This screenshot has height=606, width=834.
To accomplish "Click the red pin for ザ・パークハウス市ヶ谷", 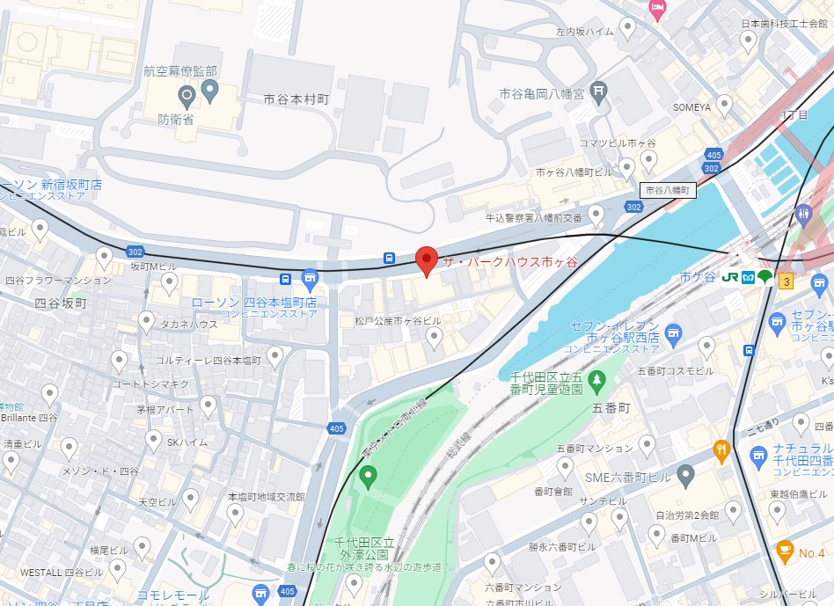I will (x=427, y=260).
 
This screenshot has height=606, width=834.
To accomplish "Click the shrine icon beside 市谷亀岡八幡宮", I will (x=599, y=91).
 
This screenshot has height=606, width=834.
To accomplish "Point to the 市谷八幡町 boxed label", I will (x=668, y=189).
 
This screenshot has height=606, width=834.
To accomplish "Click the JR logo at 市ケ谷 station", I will (x=729, y=278).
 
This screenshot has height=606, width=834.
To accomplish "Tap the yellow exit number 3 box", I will (x=786, y=281).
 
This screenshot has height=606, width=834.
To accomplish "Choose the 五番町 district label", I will (x=611, y=408).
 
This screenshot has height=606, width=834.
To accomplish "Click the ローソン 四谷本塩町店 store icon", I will (x=310, y=281).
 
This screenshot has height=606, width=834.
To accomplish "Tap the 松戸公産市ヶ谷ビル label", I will (x=398, y=321).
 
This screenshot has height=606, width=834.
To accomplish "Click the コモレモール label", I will (x=173, y=595).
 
